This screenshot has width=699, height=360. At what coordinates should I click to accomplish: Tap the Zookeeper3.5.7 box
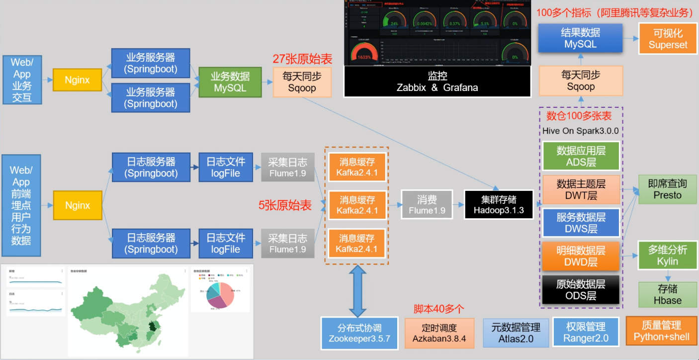[359, 333]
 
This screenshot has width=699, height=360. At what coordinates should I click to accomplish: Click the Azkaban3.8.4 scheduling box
[439, 333]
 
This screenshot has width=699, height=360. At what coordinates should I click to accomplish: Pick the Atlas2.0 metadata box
[516, 333]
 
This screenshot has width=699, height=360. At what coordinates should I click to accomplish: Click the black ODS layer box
[581, 290]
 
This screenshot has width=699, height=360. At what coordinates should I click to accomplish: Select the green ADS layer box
[581, 156]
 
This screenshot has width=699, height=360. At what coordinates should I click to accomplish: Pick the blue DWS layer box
[581, 223]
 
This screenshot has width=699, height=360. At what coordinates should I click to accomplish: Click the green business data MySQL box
[230, 82]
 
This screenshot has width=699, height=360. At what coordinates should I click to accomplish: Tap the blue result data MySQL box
[580, 38]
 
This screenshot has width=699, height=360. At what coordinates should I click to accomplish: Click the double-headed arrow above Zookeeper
[357, 290]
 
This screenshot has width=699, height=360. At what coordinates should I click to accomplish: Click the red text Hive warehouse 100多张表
[579, 116]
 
